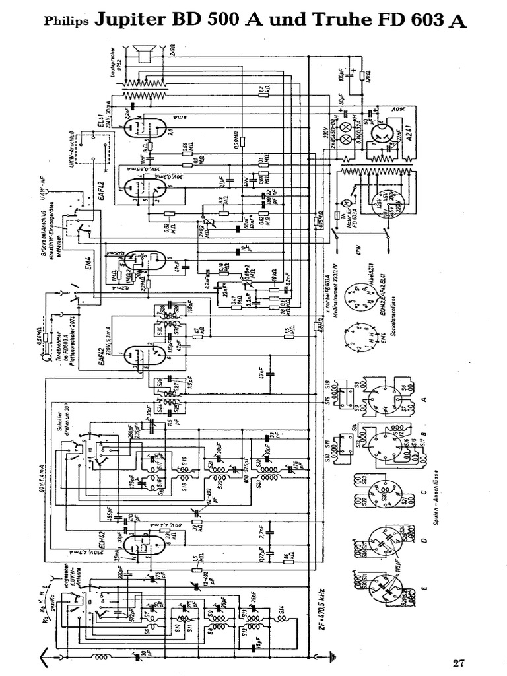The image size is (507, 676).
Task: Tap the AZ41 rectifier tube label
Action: click(x=409, y=136)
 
